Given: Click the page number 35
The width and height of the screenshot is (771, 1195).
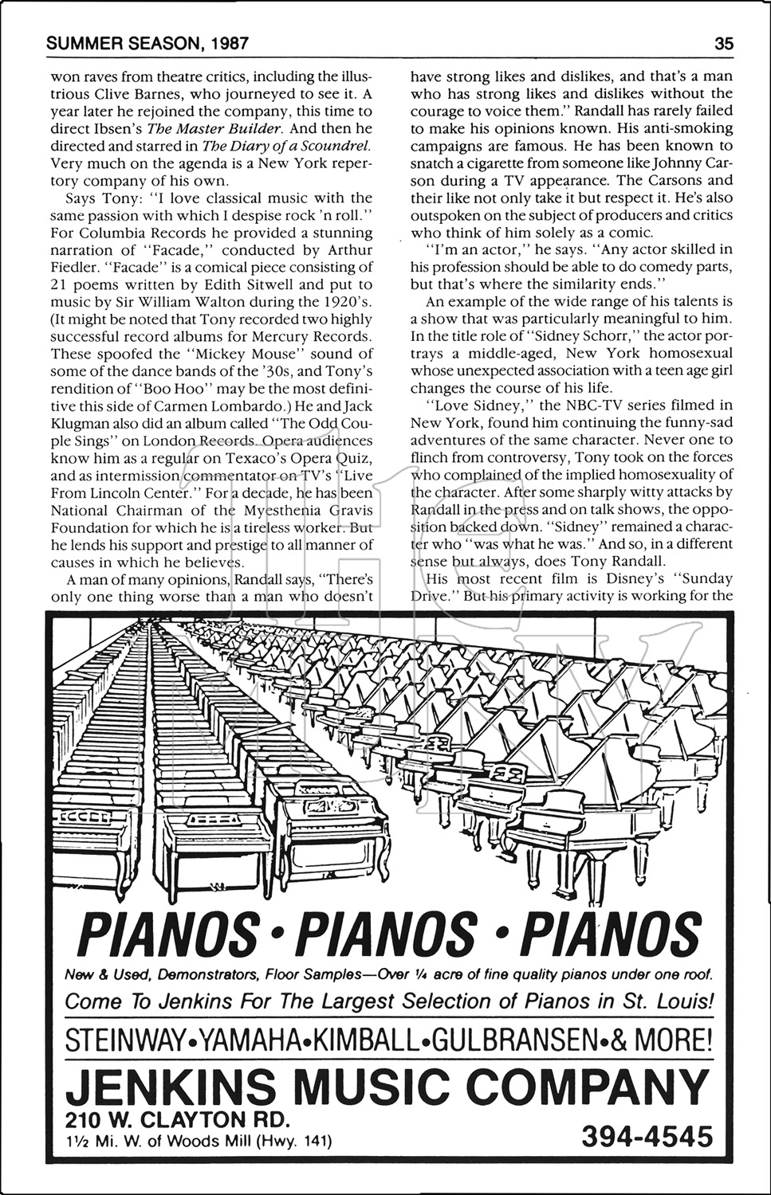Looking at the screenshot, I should tap(724, 44).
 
